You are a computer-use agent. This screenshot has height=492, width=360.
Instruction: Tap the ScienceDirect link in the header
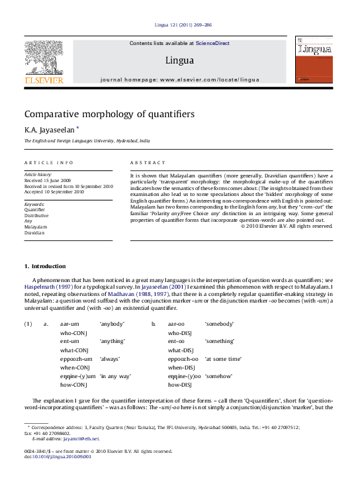[212, 43]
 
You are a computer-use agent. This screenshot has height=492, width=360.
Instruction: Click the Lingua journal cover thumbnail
[314, 60]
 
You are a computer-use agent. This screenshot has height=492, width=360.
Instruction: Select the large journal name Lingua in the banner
[179, 61]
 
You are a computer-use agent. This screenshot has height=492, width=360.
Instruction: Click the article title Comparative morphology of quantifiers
[109, 114]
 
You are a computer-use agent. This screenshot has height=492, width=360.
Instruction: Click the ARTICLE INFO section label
[49, 162]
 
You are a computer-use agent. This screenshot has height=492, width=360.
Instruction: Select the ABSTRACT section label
[147, 162]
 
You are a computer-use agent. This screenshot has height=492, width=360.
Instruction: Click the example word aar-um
[70, 324]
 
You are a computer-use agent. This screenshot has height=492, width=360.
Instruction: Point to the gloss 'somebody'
[219, 324]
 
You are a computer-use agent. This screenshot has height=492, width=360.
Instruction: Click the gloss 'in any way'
[115, 375]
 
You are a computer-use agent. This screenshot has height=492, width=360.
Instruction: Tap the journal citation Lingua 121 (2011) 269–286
[179, 25]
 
